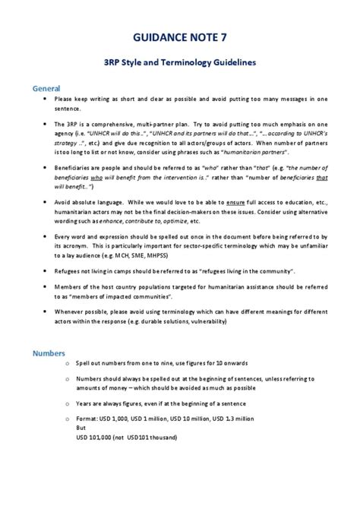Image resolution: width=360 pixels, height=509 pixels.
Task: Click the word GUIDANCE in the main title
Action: click(x=162, y=36)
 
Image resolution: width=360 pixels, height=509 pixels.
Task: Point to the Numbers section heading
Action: click(x=49, y=353)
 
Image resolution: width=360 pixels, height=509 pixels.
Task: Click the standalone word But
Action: click(x=82, y=427)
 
